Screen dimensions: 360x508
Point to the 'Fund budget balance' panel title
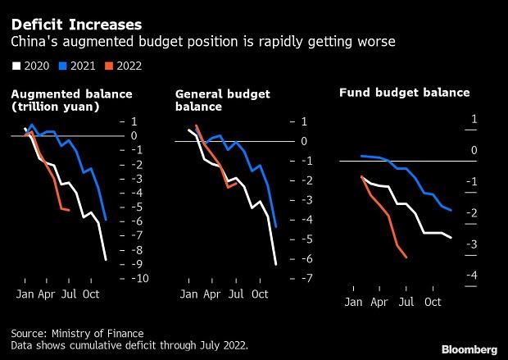(404, 93)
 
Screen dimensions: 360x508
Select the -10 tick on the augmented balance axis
(139, 279)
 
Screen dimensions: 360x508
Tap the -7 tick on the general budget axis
(302, 279)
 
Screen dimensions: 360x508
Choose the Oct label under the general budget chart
(260, 293)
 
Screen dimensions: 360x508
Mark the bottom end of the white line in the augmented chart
(106, 260)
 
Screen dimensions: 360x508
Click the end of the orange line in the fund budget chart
(407, 257)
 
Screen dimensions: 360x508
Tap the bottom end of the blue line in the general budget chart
(275, 227)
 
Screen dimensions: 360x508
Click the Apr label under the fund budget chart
(380, 302)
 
